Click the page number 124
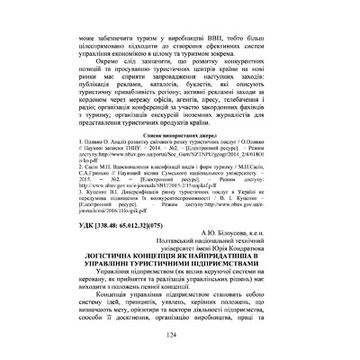pos(181,337)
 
